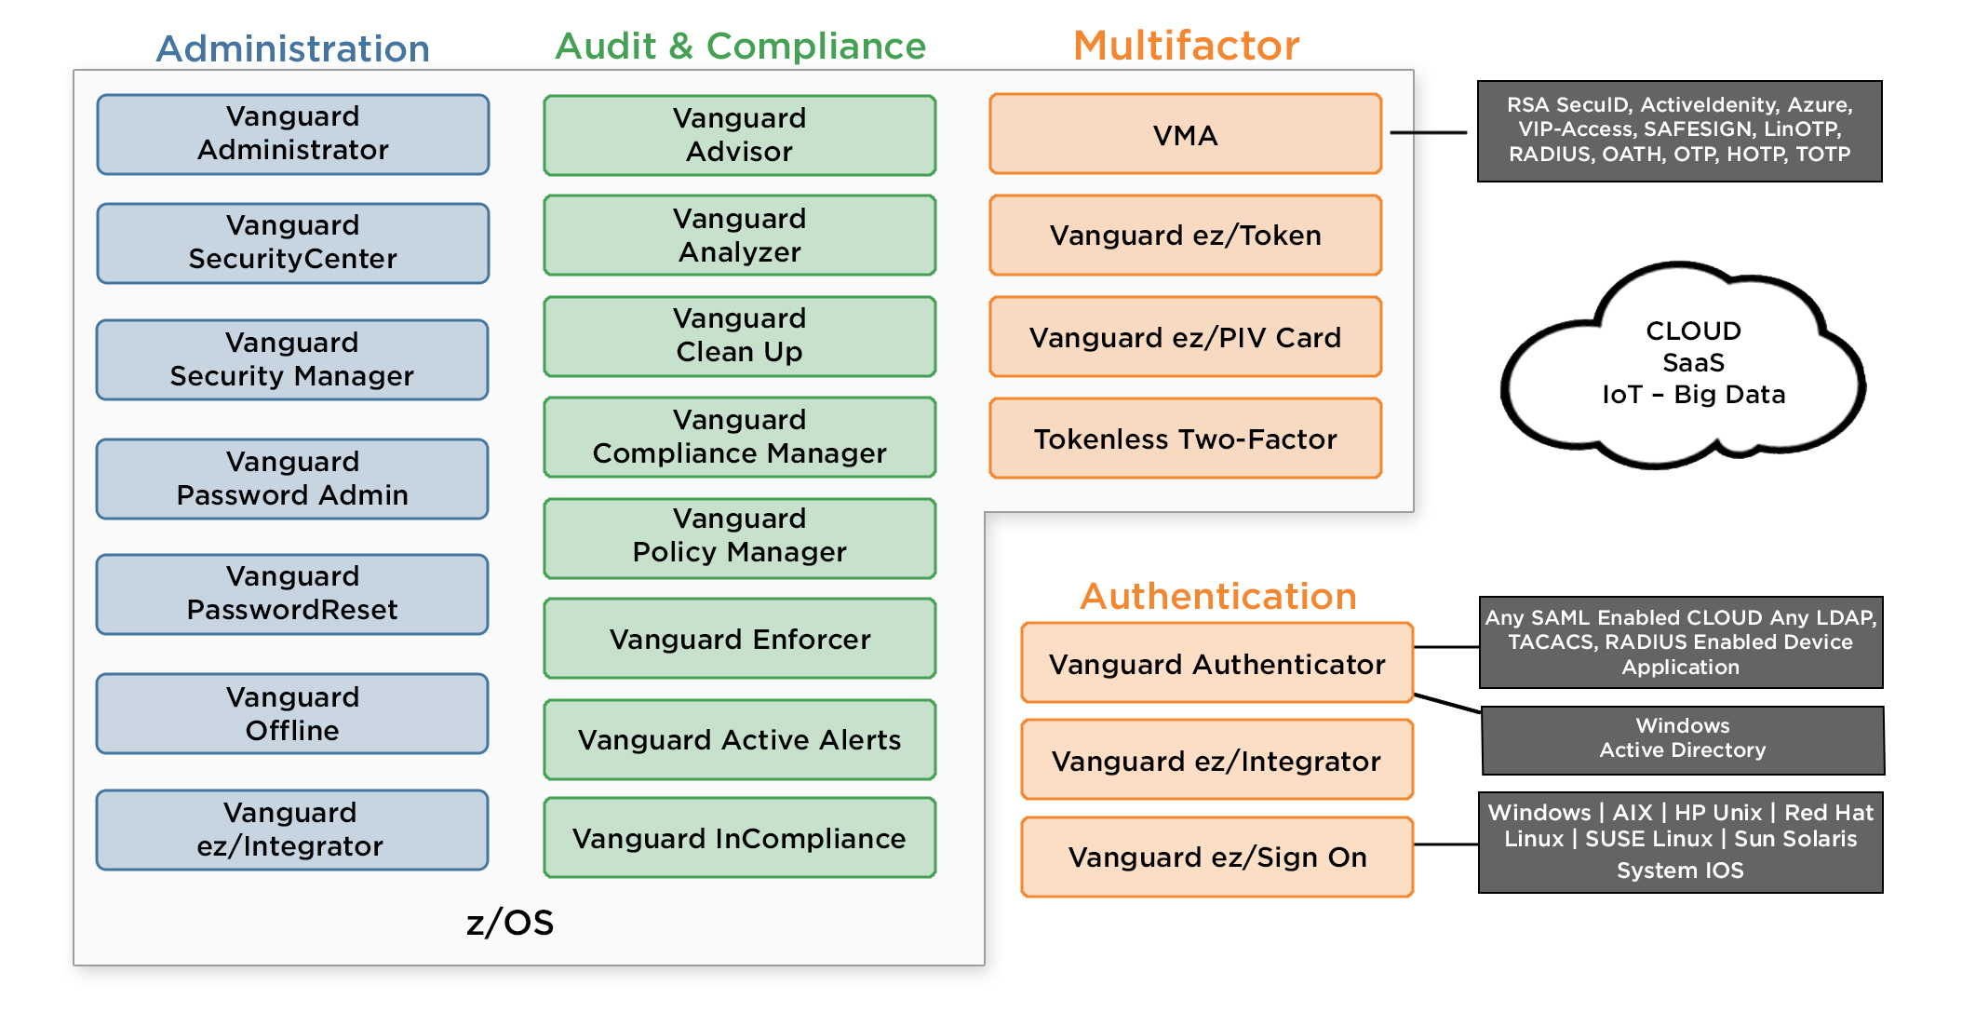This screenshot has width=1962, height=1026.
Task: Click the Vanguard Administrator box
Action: pos(292,134)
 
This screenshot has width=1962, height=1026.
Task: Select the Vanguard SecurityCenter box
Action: pos(292,243)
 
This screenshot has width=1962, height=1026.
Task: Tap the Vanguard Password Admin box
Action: pos(292,479)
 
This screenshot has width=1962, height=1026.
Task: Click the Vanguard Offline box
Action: pos(292,713)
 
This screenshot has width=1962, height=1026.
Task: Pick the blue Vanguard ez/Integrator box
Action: pos(292,830)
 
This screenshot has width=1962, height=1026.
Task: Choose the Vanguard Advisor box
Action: pos(739,136)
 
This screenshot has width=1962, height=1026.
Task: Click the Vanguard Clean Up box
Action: pos(739,336)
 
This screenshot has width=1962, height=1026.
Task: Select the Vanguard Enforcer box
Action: pos(739,639)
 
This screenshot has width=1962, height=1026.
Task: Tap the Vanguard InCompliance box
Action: pos(739,838)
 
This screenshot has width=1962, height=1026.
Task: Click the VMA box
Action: pos(1185,134)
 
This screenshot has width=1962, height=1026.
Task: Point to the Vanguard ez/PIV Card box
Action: pos(1185,337)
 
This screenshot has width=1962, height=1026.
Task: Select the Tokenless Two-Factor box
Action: pos(1185,439)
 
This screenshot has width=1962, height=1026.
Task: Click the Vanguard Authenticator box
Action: pos(1216,663)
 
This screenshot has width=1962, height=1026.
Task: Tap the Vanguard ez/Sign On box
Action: pos(1216,857)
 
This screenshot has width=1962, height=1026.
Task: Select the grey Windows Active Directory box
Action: pos(1681,739)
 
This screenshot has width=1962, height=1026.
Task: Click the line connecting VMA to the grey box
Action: pos(1429,133)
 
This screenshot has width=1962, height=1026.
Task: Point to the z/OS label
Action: pos(509,923)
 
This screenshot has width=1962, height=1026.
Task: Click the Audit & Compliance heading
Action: pos(740,47)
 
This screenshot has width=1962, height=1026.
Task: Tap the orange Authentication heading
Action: pos(1217,596)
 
